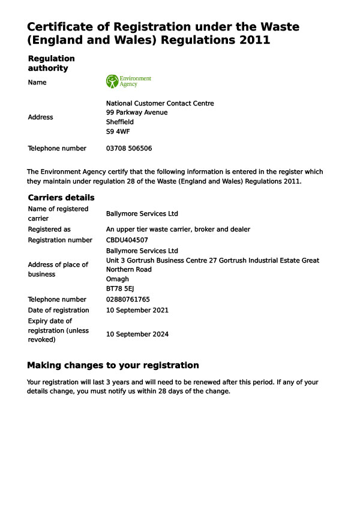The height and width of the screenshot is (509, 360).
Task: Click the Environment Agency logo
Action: (x=128, y=82)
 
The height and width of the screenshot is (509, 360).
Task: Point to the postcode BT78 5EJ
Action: (x=120, y=288)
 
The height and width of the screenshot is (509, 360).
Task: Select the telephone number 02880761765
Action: (x=128, y=299)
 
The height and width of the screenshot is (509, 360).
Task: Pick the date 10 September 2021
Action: (x=137, y=310)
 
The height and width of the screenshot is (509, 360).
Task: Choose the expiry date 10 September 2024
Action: (x=137, y=334)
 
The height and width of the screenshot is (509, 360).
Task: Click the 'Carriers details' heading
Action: (x=61, y=197)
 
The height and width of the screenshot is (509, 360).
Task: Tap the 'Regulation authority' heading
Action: (x=52, y=63)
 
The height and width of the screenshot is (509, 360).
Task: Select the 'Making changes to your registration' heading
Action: (x=113, y=365)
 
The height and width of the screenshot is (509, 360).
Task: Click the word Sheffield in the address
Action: (x=120, y=122)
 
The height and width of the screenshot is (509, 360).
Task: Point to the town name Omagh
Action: (x=117, y=279)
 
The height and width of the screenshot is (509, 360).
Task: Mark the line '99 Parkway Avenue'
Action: (x=137, y=112)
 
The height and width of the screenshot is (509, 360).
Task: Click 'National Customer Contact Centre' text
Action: (x=160, y=103)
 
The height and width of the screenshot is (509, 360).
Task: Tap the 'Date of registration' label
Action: (x=58, y=310)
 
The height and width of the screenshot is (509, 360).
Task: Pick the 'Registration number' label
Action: (x=60, y=240)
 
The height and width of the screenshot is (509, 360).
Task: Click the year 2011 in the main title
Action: (x=253, y=40)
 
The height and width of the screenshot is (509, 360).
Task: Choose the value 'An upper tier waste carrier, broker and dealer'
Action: (x=178, y=229)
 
